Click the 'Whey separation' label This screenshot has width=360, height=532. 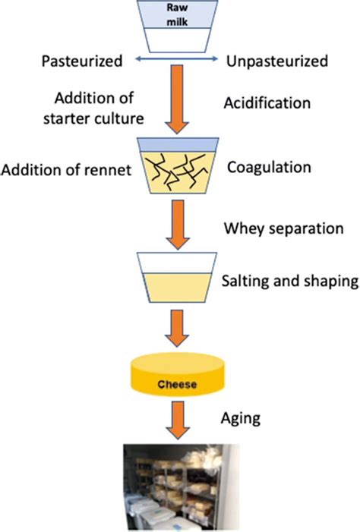pyautogui.click(x=273, y=228)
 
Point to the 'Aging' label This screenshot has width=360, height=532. pyautogui.click(x=238, y=419)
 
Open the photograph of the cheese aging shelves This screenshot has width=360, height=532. pyautogui.click(x=179, y=489)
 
